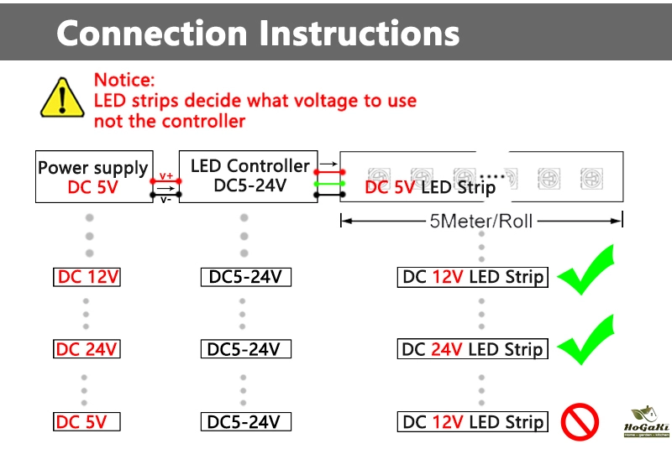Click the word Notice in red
[x=124, y=81]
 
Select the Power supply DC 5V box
[x=92, y=177]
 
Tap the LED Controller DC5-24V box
[x=249, y=176]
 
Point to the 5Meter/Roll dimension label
[x=480, y=222]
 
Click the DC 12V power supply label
[x=87, y=277]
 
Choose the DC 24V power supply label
[x=87, y=349]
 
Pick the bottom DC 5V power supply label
[x=87, y=421]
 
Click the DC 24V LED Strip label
[x=472, y=349]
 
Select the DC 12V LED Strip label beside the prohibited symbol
[x=472, y=421]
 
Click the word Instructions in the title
[x=360, y=34]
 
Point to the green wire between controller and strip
[x=328, y=183]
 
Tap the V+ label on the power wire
[x=166, y=175]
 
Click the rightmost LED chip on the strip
[x=588, y=177]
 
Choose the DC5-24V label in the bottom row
[x=245, y=421]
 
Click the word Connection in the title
[x=152, y=34]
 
